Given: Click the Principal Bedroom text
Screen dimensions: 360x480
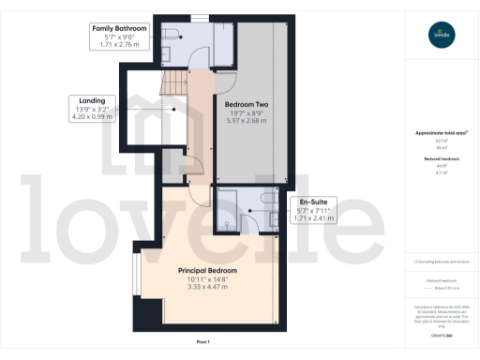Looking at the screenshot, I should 207,271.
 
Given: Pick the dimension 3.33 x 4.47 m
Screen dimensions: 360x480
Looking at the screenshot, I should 207,288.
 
